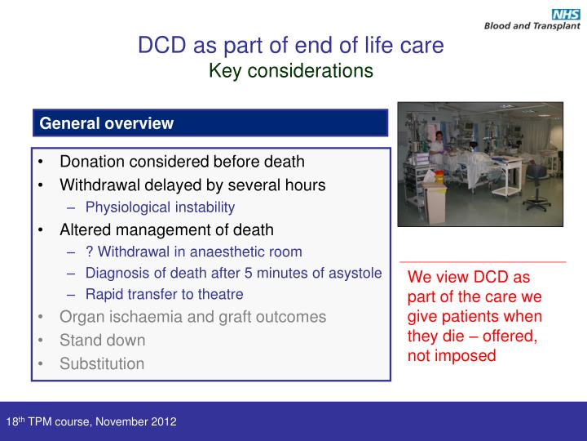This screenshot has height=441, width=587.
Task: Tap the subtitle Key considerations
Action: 291,71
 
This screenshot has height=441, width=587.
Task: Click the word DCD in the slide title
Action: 158,45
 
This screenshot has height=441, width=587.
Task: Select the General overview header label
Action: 107,123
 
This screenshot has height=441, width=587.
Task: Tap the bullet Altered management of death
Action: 166,229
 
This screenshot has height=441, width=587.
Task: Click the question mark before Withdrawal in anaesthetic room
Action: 88,252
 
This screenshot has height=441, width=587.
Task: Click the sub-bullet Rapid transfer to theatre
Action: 164,294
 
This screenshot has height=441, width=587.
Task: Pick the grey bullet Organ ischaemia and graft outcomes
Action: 192,317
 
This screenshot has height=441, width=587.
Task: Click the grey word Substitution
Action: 102,363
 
